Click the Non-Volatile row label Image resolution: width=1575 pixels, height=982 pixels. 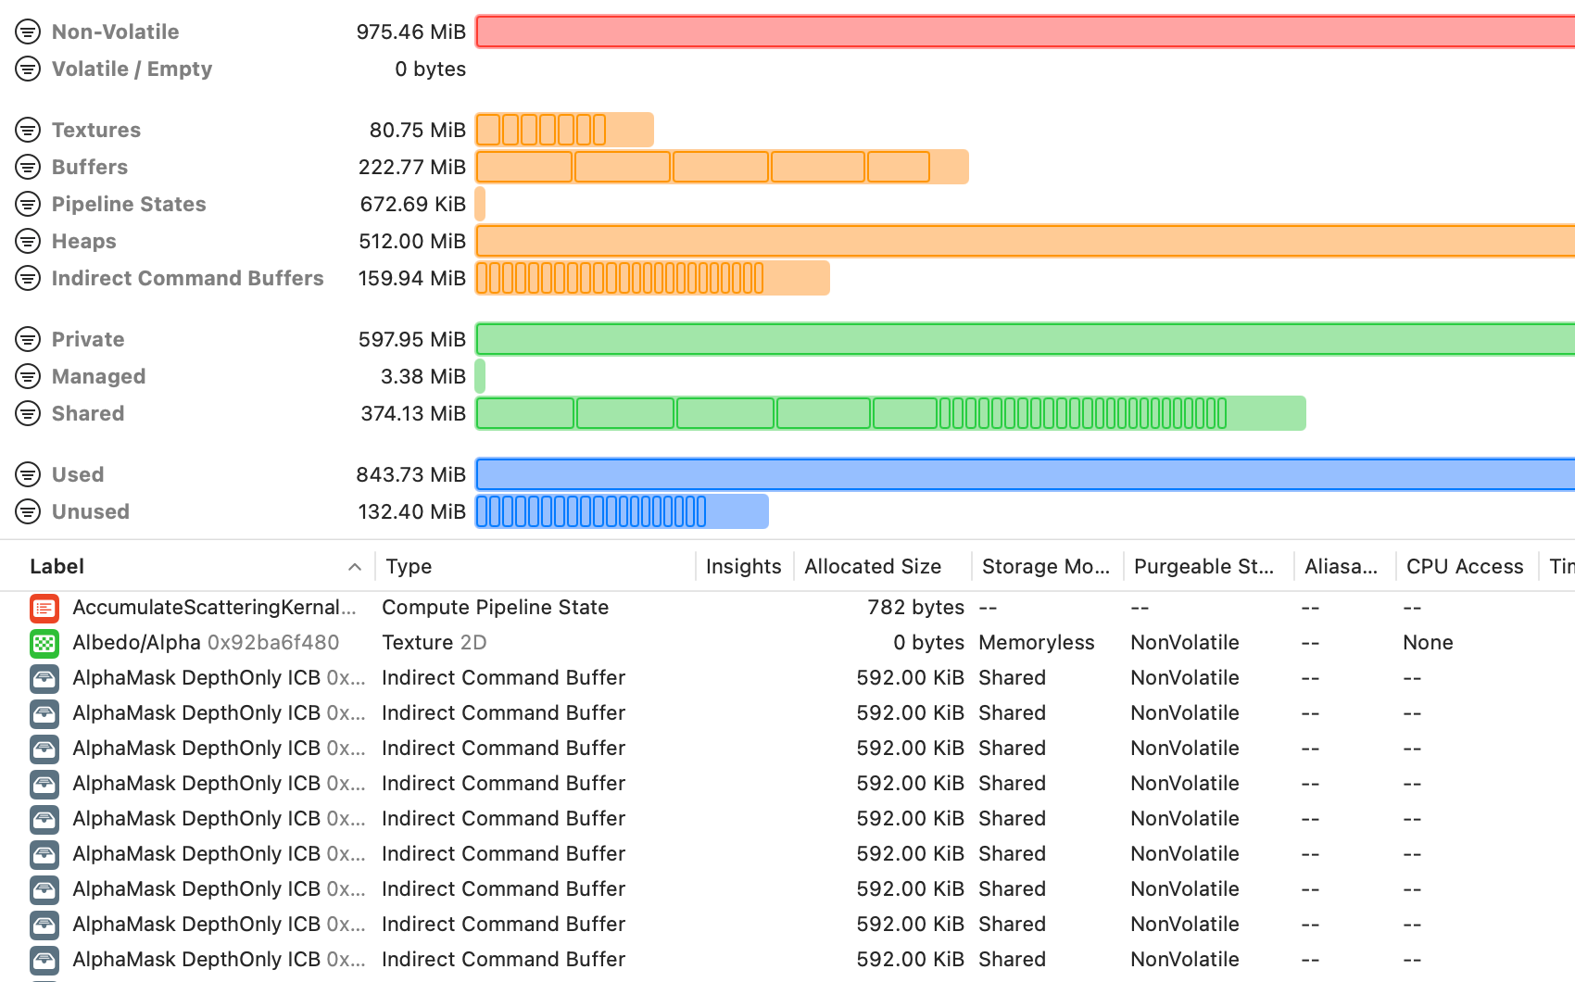tap(115, 31)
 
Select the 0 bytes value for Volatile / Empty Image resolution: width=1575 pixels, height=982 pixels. tap(430, 69)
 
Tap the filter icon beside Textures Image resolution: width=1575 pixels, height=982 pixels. tap(28, 130)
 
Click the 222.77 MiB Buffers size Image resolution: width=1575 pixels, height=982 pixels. tap(411, 167)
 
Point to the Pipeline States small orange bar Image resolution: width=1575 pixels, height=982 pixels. tap(480, 204)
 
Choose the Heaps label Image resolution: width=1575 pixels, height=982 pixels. tap(83, 241)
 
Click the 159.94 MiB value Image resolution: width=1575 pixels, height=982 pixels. tap(411, 278)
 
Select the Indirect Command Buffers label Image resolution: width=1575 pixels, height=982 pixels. tap(187, 278)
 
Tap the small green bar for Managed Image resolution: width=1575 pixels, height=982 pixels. tap(480, 376)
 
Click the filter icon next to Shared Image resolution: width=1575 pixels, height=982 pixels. tap(28, 413)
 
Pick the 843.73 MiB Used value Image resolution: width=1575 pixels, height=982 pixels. tap(410, 474)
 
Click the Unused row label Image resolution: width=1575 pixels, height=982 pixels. tap(90, 511)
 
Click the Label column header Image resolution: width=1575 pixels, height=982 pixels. tap(57, 566)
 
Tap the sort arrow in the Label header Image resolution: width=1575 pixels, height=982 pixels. tap(354, 567)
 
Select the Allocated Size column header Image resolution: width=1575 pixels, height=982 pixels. tap(872, 566)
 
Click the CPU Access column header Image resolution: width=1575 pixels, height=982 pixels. tap(1464, 566)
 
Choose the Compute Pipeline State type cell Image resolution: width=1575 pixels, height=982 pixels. tap(495, 607)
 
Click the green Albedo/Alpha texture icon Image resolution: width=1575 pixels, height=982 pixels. tap(44, 643)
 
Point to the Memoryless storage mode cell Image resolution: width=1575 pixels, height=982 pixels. tap(1036, 642)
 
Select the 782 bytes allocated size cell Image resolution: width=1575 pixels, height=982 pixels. tap(915, 607)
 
